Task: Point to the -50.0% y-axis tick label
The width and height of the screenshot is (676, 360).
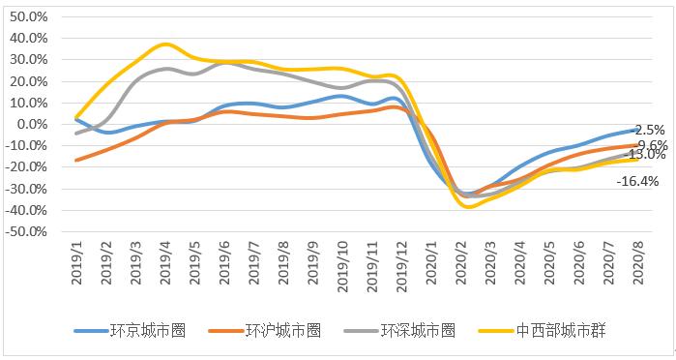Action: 26,232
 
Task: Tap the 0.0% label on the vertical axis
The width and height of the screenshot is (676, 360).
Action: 31,124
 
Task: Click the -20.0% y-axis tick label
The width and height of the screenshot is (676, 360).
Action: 26,167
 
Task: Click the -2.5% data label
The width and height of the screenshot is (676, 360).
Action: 650,130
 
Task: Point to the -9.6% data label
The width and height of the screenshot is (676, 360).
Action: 650,145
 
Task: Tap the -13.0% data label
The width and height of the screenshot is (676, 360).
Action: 647,155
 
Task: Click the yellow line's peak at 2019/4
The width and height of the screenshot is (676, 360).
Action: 165,45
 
